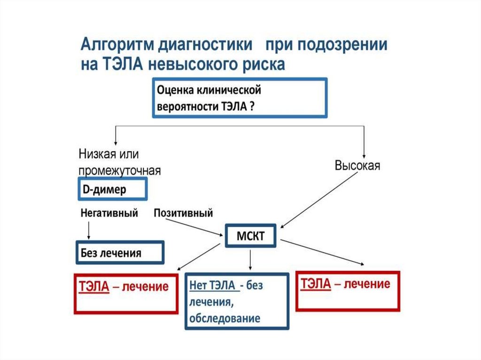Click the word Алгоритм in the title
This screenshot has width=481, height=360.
[118, 46]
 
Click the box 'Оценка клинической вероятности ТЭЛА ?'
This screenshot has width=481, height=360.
[240, 98]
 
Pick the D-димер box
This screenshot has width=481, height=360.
[112, 189]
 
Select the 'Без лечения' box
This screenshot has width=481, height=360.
[120, 253]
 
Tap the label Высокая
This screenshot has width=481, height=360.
[357, 166]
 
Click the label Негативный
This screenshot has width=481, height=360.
[109, 214]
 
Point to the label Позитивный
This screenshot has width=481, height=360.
[183, 214]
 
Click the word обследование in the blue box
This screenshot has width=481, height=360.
[225, 319]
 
